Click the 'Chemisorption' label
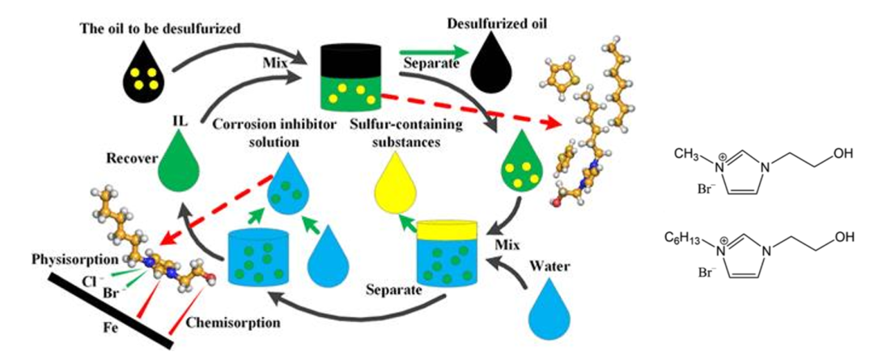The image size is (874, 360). click(x=218, y=324)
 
